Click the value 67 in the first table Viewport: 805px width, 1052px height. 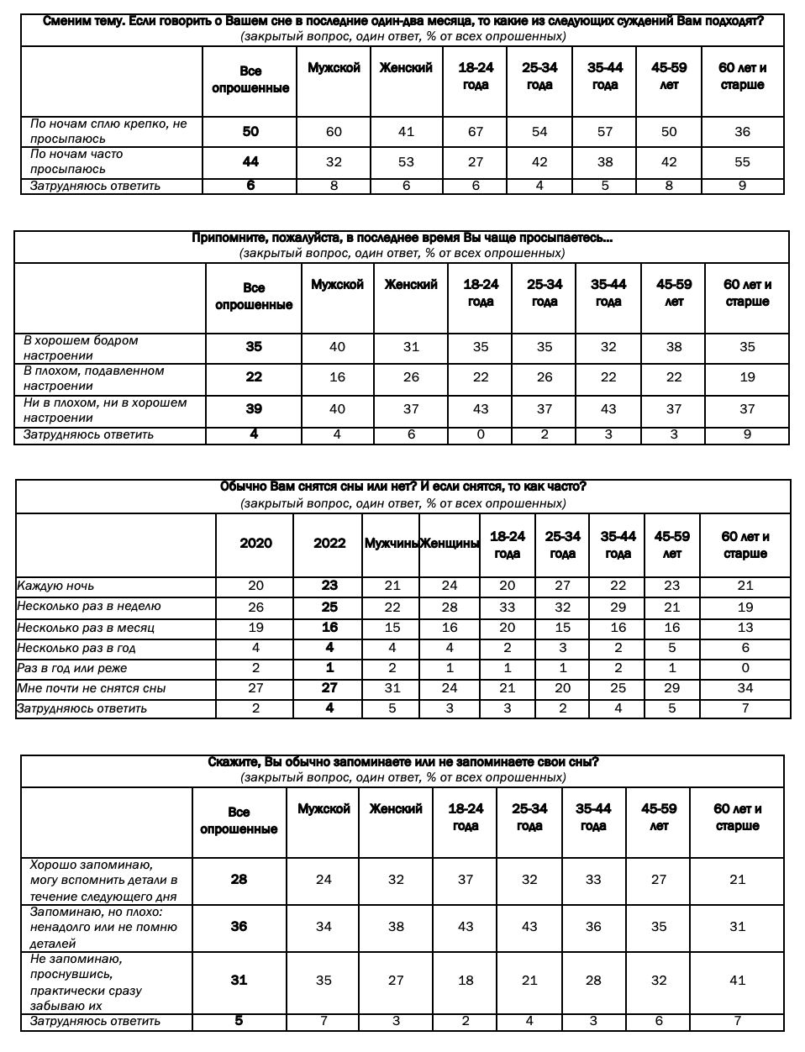coord(476,131)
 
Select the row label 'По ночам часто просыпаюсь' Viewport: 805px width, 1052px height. coord(76,161)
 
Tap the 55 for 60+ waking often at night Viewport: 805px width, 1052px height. coord(742,161)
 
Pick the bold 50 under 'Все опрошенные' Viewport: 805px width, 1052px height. coord(250,131)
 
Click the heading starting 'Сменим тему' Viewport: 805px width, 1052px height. coord(402,21)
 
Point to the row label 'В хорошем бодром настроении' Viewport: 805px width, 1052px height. coord(81,348)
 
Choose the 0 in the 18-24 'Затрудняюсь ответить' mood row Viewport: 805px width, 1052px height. coord(481,434)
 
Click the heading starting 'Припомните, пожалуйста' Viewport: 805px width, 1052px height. coord(402,238)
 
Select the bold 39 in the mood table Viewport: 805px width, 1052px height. coord(254,408)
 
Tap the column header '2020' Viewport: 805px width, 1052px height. coord(255,543)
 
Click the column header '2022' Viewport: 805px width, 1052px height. coord(329,543)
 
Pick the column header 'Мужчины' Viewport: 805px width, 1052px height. coord(391,544)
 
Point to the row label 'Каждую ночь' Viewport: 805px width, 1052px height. coord(55,586)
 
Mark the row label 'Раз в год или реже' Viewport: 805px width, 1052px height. coord(72,668)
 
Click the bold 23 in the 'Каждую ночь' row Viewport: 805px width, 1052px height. coord(329,586)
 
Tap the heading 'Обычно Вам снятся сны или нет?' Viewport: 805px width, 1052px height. coord(402,487)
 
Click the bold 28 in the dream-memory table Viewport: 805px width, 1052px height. coord(239,879)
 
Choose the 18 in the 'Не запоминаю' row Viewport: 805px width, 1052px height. coord(466,980)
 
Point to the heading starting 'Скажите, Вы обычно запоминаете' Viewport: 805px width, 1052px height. coord(402,762)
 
